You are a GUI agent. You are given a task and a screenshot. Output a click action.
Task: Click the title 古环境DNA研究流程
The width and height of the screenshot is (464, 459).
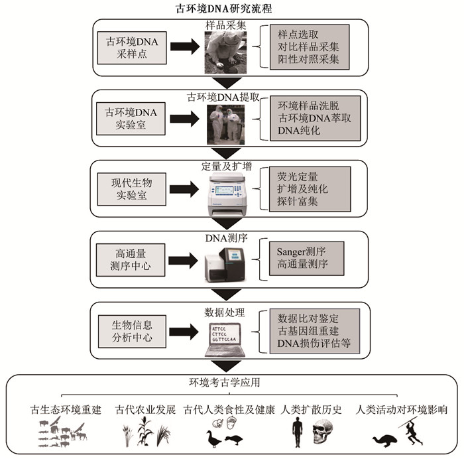click(x=231, y=10)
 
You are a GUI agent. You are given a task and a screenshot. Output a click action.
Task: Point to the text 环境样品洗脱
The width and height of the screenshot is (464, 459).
click(x=309, y=105)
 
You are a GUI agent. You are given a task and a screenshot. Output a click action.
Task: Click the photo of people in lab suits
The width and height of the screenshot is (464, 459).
click(x=225, y=125)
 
